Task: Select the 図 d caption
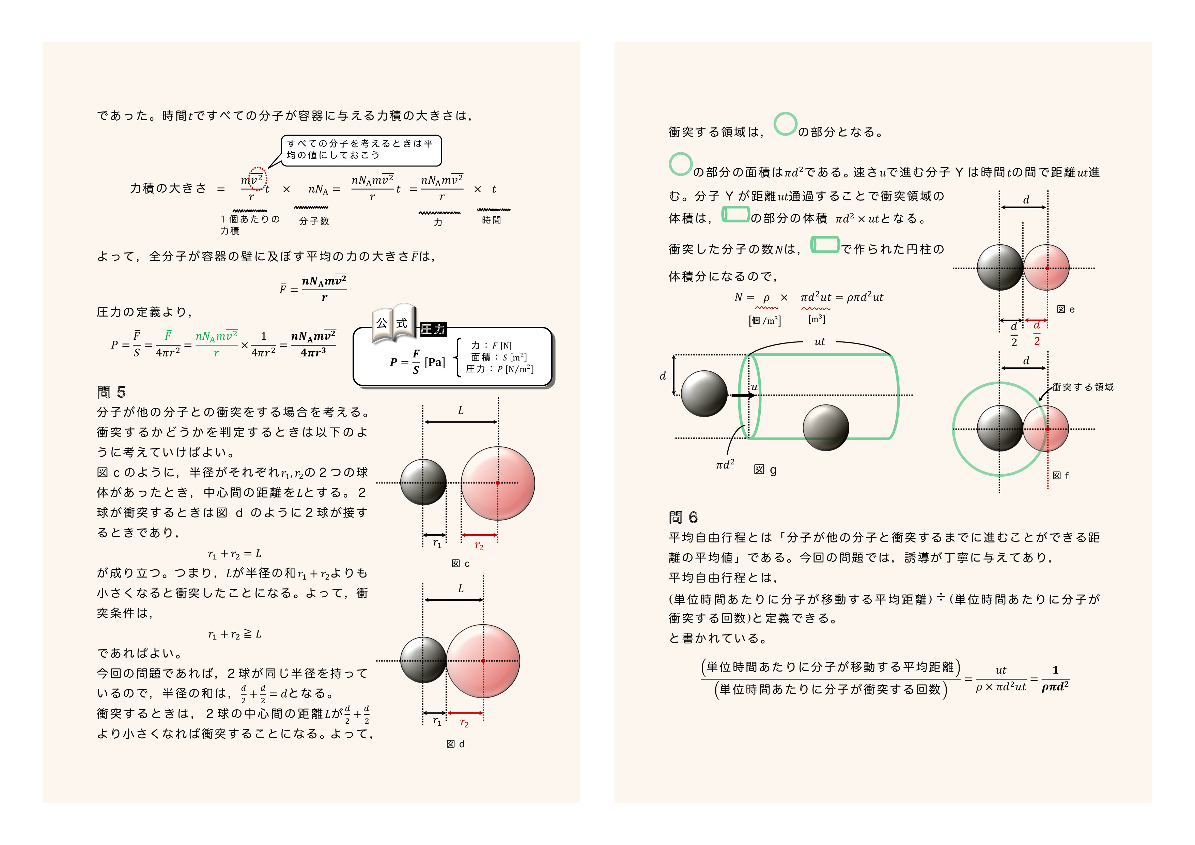click(455, 744)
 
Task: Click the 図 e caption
click(1066, 310)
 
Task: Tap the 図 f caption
click(1060, 475)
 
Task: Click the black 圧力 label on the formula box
click(433, 329)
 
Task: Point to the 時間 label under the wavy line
click(491, 220)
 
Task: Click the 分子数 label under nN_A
click(314, 221)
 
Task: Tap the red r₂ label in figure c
click(479, 546)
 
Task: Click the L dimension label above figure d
click(461, 589)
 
